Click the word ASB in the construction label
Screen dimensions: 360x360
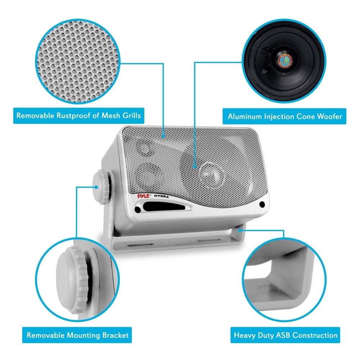(282, 335)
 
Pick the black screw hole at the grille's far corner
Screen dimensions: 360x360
(262, 204)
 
